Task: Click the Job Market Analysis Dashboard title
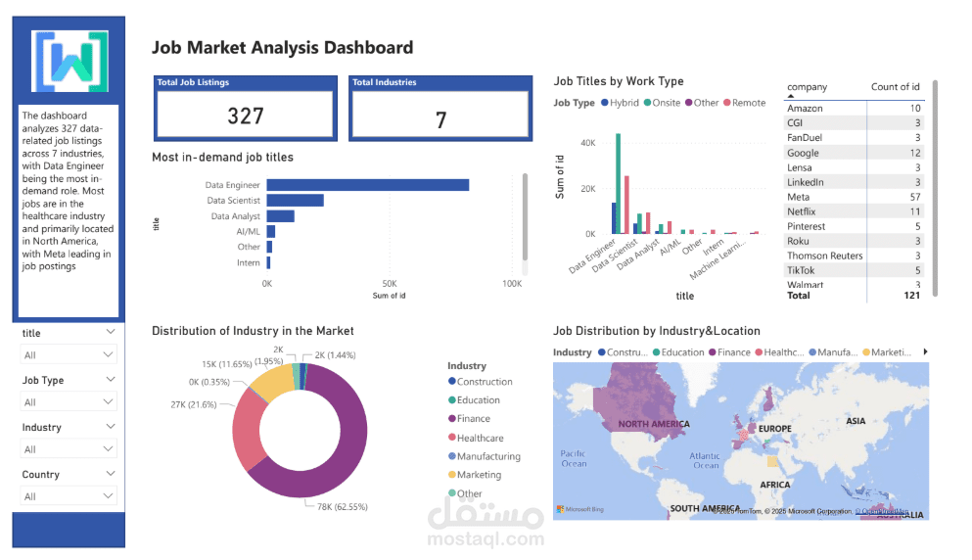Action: (x=282, y=47)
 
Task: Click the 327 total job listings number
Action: (x=246, y=117)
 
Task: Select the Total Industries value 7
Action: (x=440, y=119)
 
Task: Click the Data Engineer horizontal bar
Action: (x=368, y=185)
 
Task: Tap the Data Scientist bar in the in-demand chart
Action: (x=295, y=201)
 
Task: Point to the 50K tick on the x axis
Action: (x=389, y=284)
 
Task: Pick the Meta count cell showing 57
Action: (x=914, y=197)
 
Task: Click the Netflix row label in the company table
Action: (x=802, y=211)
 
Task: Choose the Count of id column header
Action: (x=895, y=87)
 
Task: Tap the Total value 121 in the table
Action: (x=910, y=295)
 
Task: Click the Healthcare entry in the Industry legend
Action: (x=480, y=438)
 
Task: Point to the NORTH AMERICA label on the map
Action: (x=653, y=425)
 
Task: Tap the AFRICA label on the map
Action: (x=774, y=485)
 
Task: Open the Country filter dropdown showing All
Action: (x=69, y=496)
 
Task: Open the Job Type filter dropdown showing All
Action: (x=69, y=402)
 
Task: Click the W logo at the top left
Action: (x=69, y=62)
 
